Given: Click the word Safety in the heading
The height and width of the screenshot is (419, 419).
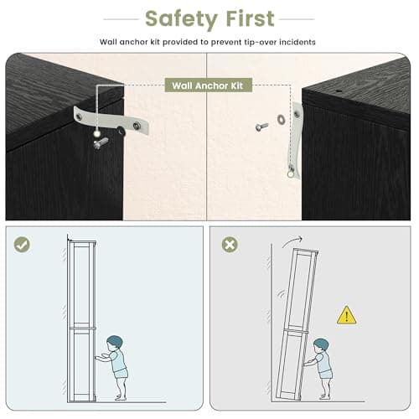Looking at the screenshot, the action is point(181,19).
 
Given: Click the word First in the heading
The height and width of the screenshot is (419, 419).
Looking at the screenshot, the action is point(251,18).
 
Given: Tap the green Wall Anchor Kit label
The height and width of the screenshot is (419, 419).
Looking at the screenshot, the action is point(208,85).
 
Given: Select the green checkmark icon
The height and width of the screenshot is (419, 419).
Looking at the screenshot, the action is point(22,245).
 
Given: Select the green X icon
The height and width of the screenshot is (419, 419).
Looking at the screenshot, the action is point(230,245).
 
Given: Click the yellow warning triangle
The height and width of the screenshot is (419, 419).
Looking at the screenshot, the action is point(346,315).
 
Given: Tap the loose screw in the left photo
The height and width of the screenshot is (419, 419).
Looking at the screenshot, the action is point(101,142).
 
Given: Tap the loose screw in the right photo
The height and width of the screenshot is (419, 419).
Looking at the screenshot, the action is point(261,127).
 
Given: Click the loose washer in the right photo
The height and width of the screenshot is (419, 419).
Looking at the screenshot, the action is point(281,120).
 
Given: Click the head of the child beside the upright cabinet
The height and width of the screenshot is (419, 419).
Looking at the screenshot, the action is point(115,344).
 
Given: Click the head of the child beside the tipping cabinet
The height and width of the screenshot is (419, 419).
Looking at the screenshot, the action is point(321,346).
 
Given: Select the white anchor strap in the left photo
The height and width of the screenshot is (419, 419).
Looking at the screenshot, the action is point(111,120).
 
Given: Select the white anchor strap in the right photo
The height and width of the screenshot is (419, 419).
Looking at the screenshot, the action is point(295,140).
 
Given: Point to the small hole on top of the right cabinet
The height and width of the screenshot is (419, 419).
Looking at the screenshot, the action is point(339,91).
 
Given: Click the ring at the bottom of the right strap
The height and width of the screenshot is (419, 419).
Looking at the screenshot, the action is point(291,174).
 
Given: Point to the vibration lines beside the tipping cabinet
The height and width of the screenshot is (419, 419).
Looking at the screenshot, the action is point(282,295).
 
